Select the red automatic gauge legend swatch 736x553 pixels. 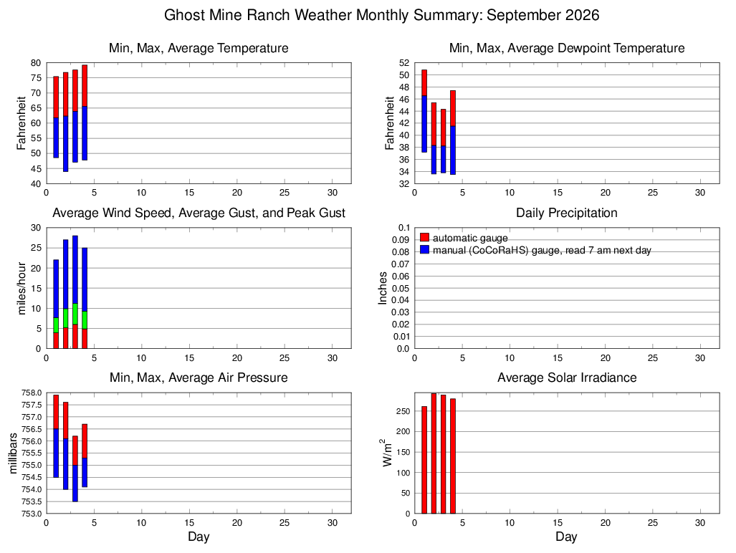[424, 237]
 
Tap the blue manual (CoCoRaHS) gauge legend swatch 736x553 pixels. [424, 249]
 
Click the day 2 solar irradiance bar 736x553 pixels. [434, 453]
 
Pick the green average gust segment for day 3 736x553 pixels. [75, 314]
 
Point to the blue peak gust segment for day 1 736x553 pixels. [56, 289]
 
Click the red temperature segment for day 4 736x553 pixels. [85, 86]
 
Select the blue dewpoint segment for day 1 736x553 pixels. [424, 124]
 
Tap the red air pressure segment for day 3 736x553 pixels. [75, 451]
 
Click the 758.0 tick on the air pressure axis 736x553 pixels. [32, 393]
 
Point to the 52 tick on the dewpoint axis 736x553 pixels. [405, 63]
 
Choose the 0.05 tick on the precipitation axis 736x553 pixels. [401, 288]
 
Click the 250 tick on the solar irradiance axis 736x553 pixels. [403, 411]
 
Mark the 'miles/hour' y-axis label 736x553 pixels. [21, 288]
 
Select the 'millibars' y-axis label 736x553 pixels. [13, 453]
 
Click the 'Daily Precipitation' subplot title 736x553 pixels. [567, 213]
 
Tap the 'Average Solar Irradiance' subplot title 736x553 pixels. [567, 378]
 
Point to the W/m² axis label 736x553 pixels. [386, 453]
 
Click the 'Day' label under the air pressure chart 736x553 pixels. [199, 537]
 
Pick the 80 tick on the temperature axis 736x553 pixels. [37, 63]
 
